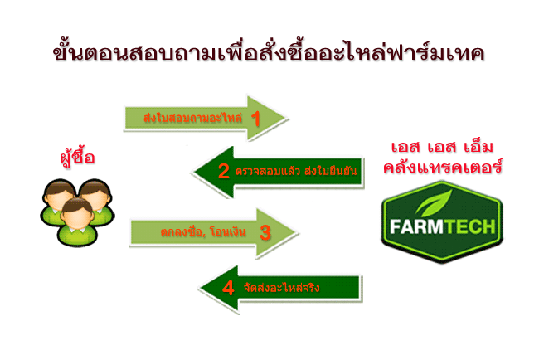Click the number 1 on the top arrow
pyautogui.click(x=255, y=119)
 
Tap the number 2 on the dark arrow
pyautogui.click(x=224, y=171)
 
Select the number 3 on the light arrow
pyautogui.click(x=265, y=233)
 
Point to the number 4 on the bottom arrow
pyautogui.click(x=228, y=288)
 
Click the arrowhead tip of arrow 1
pyautogui.click(x=286, y=118)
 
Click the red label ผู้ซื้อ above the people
pyautogui.click(x=77, y=158)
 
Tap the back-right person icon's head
pyautogui.click(x=96, y=193)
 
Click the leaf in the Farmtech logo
pyautogui.click(x=435, y=203)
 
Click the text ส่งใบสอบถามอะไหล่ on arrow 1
pyautogui.click(x=193, y=118)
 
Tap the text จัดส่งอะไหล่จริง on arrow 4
pyautogui.click(x=282, y=288)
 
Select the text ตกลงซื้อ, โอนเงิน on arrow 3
pyautogui.click(x=203, y=231)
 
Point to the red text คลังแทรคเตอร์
pyautogui.click(x=443, y=167)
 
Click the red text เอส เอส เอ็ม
pyautogui.click(x=443, y=147)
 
